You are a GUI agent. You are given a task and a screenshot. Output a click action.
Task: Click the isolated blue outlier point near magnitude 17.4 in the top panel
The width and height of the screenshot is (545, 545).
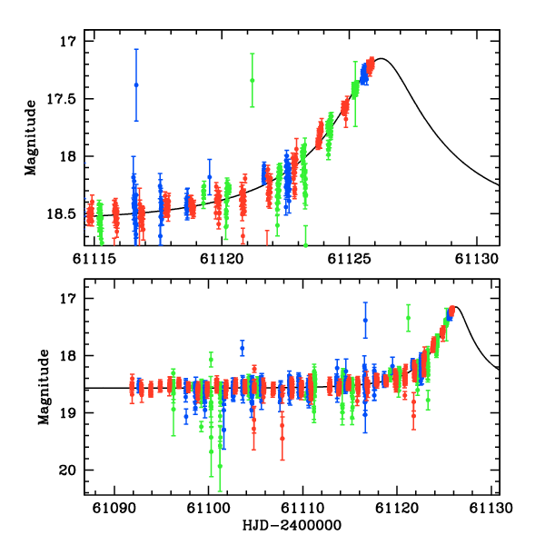coord(136,84)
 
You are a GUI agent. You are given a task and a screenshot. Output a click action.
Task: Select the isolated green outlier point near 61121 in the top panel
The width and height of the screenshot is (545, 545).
coord(252,80)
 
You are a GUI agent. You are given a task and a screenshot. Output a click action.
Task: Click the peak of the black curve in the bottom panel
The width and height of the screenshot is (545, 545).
coord(453,307)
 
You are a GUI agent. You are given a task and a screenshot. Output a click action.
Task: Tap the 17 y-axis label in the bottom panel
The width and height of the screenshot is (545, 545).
coord(72,299)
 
